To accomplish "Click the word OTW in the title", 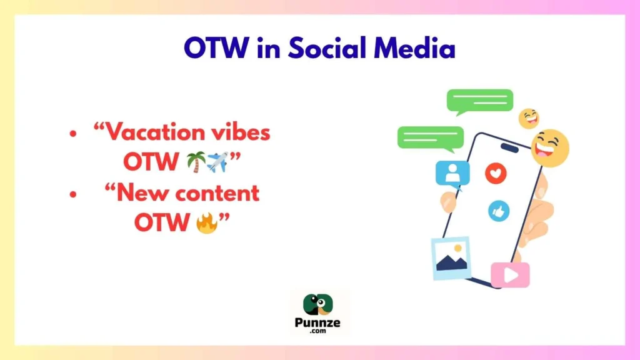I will pyautogui.click(x=216, y=48).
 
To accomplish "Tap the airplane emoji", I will pyautogui.click(x=216, y=162).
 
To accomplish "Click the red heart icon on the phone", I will pyautogui.click(x=496, y=174).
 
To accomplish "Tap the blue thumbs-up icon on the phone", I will pyautogui.click(x=498, y=211).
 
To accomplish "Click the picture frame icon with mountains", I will pyautogui.click(x=451, y=257).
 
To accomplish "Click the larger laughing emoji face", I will pyautogui.click(x=550, y=148).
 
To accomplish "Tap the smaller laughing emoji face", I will pyautogui.click(x=529, y=117).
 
